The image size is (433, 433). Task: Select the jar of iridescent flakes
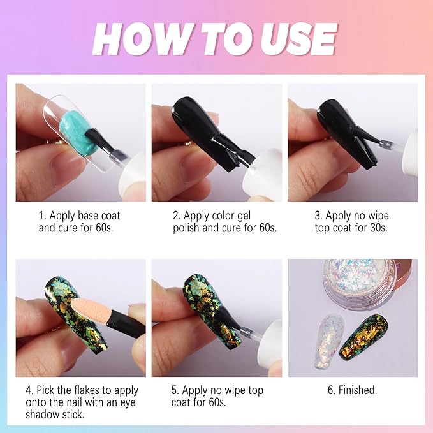click(x=360, y=284)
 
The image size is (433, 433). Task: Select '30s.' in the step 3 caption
click(x=375, y=228)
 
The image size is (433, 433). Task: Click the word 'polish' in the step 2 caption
click(x=188, y=228)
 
